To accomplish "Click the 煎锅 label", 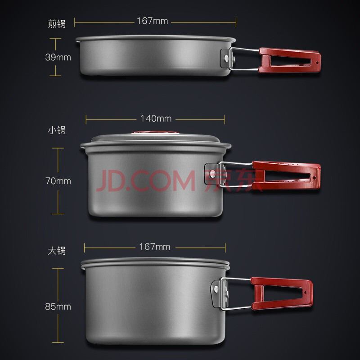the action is point(57,24).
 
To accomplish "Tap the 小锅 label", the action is point(57,130).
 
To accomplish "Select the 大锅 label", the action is point(57,251).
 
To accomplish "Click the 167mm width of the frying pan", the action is point(153,21).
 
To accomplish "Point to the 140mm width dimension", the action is point(156,119).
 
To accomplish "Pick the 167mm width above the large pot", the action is point(155,247).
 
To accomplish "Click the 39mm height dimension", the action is point(58,57).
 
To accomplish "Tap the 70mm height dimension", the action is point(58,181).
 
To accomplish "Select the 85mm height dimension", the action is point(58,306).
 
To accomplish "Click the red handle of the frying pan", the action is point(289,60).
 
